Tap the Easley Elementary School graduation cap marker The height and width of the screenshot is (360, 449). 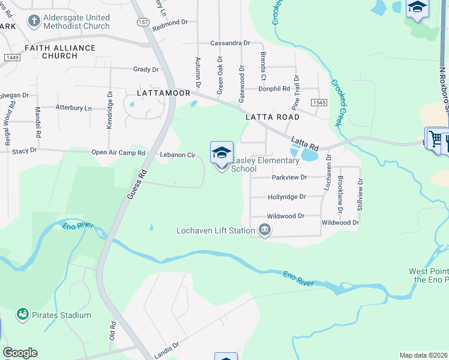(221, 152)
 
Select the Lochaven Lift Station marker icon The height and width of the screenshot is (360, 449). (265, 230)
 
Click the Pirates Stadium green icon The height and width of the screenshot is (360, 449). (23, 314)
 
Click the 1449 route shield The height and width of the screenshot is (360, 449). (11, 57)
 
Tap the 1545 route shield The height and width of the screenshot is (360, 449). (319, 103)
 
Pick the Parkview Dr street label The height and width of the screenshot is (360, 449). (289, 177)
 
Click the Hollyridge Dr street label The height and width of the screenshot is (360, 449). (287, 196)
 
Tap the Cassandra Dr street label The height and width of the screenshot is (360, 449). (230, 43)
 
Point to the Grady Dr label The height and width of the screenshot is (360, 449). (146, 70)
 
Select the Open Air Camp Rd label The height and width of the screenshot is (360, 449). (118, 152)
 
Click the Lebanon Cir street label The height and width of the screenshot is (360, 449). (178, 155)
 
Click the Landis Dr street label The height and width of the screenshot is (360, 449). (167, 346)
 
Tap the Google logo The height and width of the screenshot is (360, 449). (20, 353)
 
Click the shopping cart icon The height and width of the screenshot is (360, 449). (435, 139)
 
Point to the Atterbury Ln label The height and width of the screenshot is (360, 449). (74, 108)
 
